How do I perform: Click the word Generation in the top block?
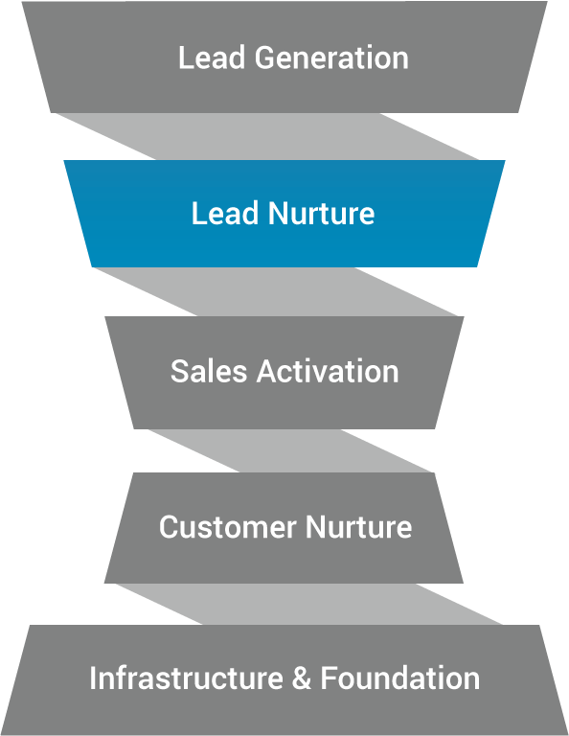331,57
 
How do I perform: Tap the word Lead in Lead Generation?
212,57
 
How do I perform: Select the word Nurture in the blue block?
321,213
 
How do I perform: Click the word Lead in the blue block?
225,213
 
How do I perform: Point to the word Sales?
208,371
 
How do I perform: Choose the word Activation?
328,371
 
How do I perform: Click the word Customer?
228,527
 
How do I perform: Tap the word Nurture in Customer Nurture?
359,527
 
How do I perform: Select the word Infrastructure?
186,678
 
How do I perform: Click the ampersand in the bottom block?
301,678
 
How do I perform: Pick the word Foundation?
400,678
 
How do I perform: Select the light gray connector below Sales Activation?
290,450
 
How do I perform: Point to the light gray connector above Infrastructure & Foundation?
309,604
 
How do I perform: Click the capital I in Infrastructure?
92,678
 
